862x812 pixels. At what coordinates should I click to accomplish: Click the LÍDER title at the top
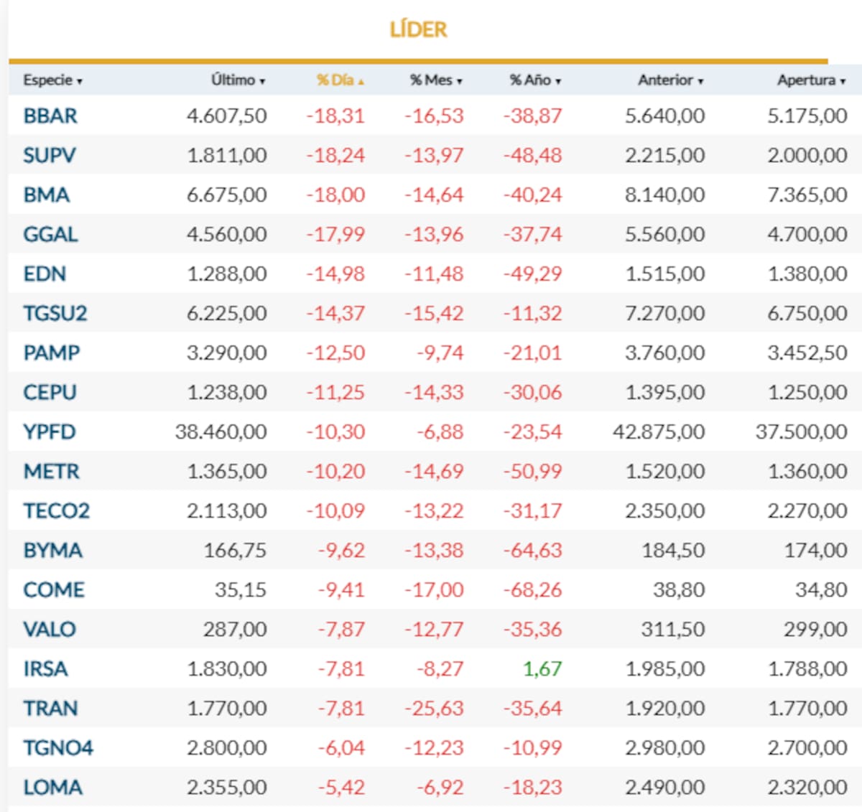click(x=418, y=29)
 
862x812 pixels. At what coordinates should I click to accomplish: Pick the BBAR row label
click(x=50, y=116)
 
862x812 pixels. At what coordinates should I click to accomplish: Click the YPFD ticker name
click(x=50, y=431)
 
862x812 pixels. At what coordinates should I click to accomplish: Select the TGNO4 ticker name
click(x=58, y=748)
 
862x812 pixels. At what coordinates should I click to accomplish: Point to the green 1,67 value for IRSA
click(x=542, y=669)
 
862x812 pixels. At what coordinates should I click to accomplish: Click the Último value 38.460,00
click(x=221, y=431)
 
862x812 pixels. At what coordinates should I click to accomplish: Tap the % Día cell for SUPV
click(x=335, y=155)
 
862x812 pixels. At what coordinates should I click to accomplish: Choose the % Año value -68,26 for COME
click(x=532, y=590)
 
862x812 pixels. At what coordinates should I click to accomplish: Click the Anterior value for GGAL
click(x=664, y=234)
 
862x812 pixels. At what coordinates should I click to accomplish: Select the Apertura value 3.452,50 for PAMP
click(x=807, y=353)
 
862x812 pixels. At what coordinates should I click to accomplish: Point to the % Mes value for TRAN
click(x=434, y=709)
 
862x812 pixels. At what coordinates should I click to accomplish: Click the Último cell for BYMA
click(x=235, y=550)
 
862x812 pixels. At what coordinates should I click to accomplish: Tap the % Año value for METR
click(x=532, y=471)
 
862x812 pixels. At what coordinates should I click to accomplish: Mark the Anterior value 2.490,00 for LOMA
click(x=664, y=788)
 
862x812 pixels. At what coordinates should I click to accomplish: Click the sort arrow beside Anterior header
click(x=700, y=82)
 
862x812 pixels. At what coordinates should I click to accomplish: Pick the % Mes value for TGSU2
click(x=434, y=313)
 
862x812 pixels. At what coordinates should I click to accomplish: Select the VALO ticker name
click(x=50, y=630)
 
